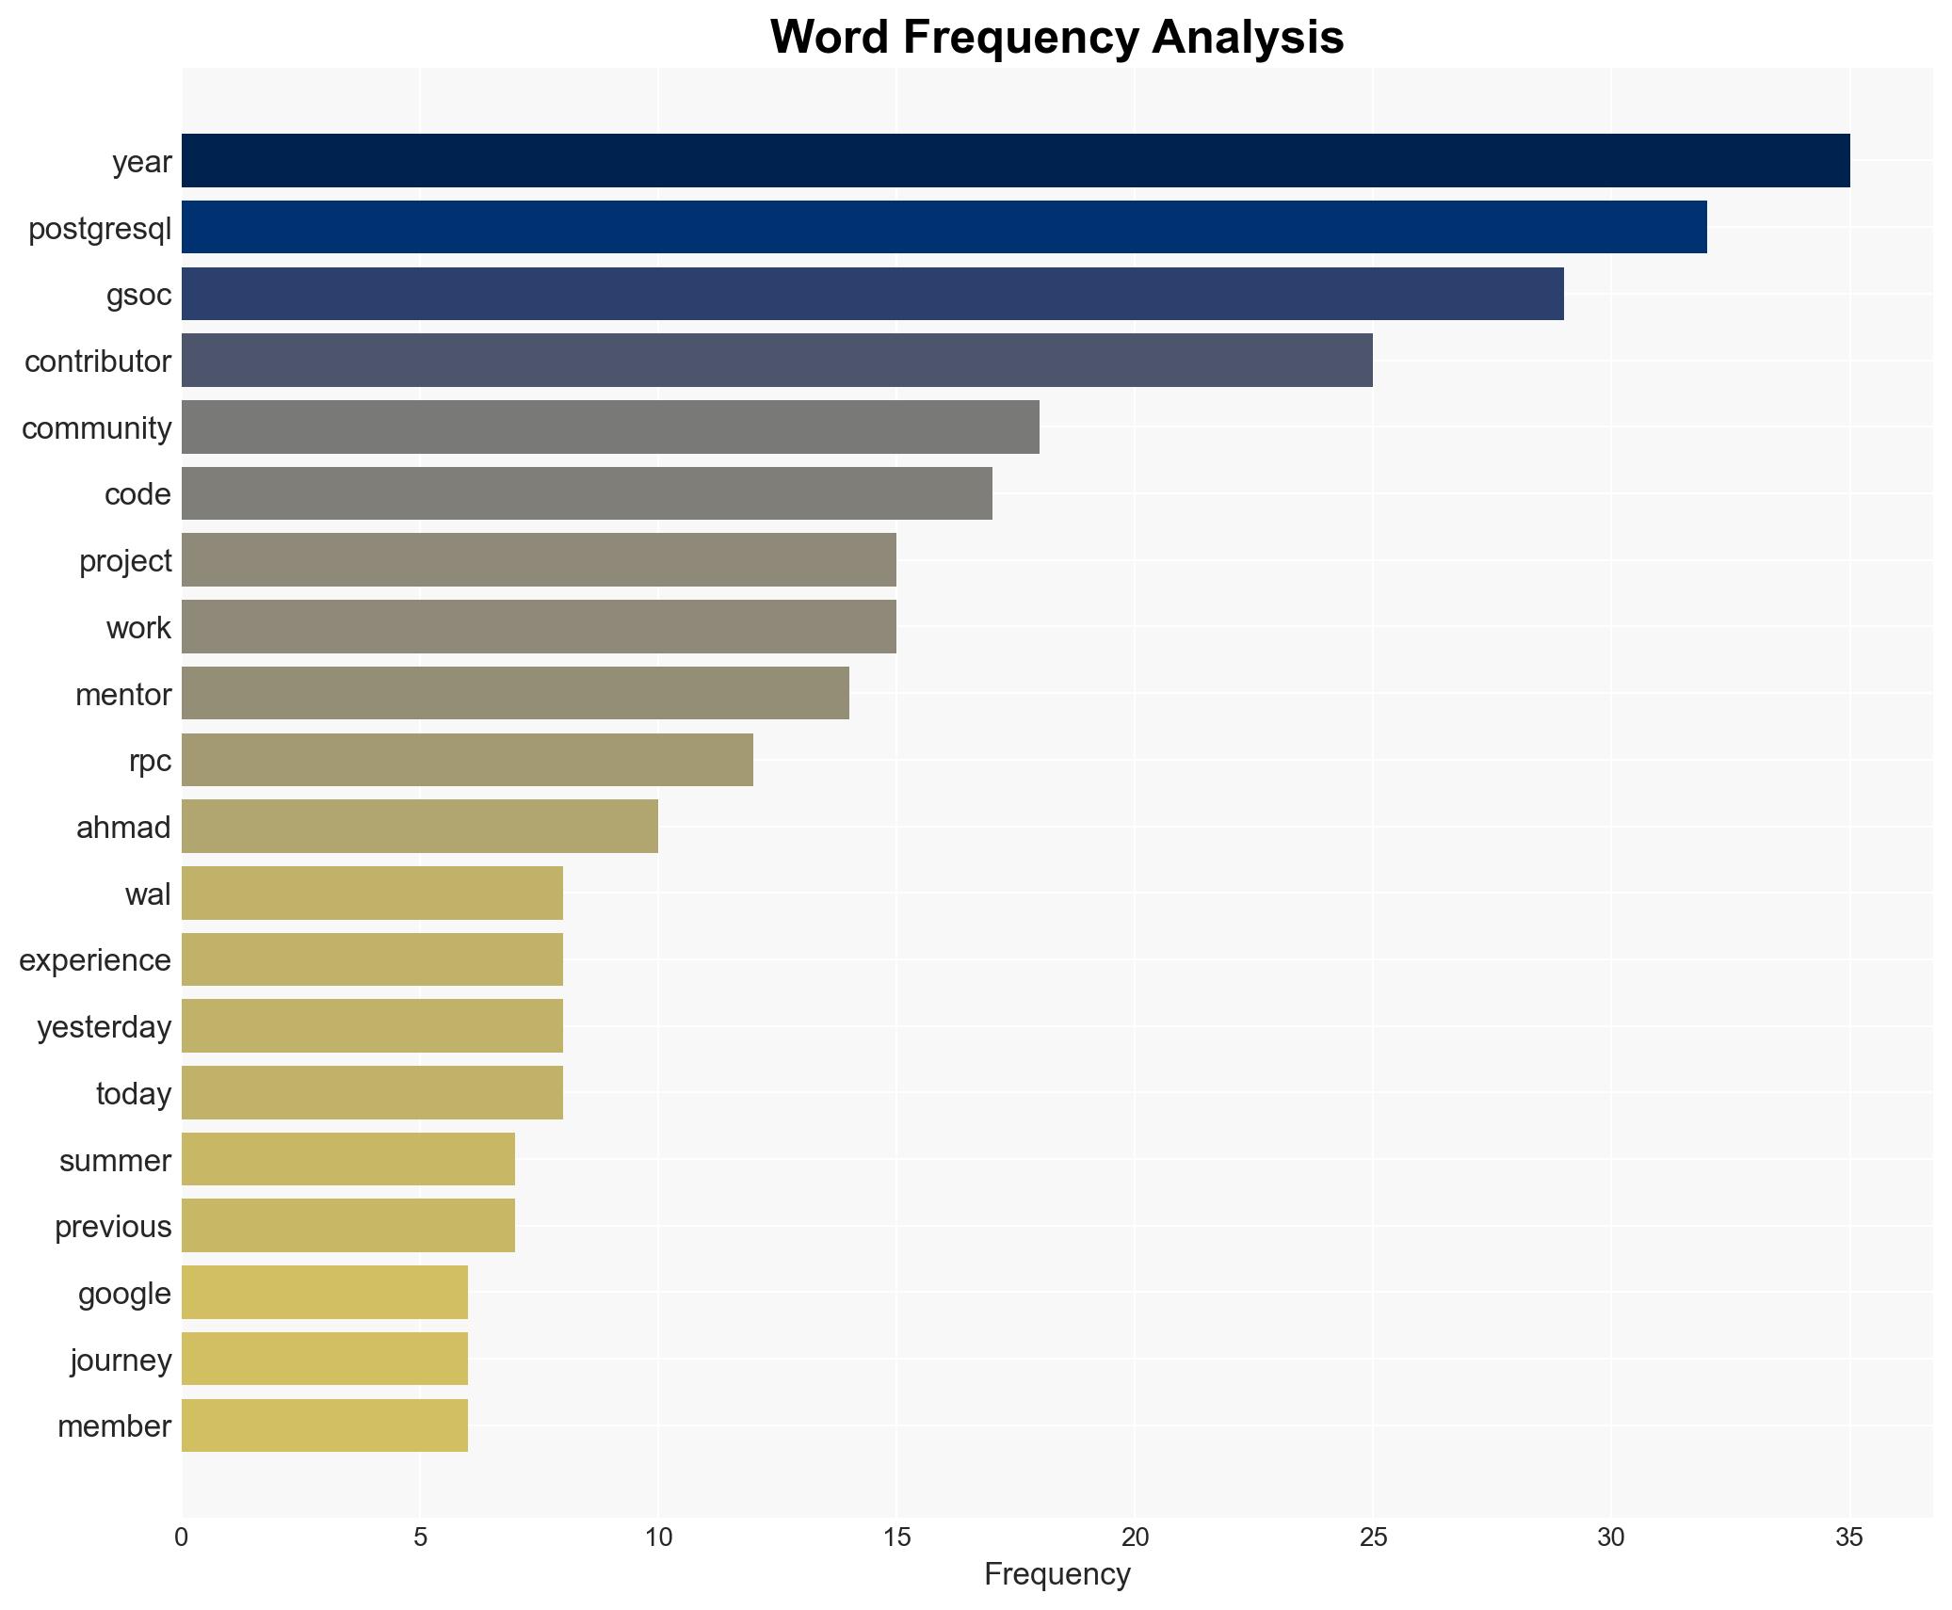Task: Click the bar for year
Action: (x=1015, y=161)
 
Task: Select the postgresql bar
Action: (x=944, y=227)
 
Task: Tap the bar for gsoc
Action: (x=872, y=294)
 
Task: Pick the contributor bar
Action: (x=777, y=361)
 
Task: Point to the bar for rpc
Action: (x=467, y=760)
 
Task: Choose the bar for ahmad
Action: (x=419, y=827)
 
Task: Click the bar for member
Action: (x=324, y=1425)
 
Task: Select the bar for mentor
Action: (x=515, y=694)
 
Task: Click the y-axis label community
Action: (x=97, y=428)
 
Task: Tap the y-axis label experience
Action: (x=95, y=960)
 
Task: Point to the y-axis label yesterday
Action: (x=105, y=1027)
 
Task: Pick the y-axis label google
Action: (x=124, y=1294)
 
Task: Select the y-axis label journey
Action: (x=121, y=1360)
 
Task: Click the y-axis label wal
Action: (x=148, y=894)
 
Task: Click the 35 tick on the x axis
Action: (x=1849, y=1538)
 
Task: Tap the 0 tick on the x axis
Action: (x=182, y=1538)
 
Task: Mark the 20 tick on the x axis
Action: (x=1135, y=1538)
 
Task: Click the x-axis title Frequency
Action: (x=1057, y=1574)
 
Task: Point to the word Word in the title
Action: (x=831, y=38)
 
